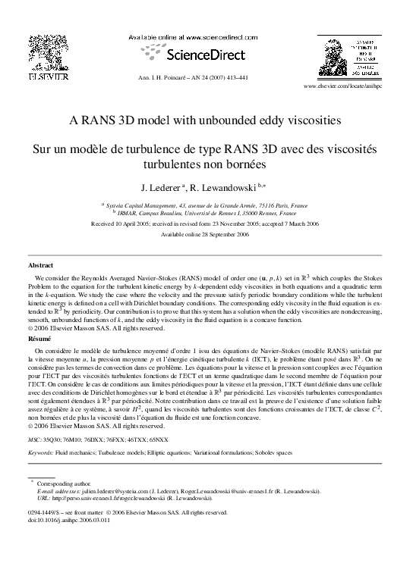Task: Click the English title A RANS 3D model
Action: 206,120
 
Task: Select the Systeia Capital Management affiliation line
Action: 206,205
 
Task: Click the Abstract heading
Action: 40,267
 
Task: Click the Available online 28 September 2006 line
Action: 206,234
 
